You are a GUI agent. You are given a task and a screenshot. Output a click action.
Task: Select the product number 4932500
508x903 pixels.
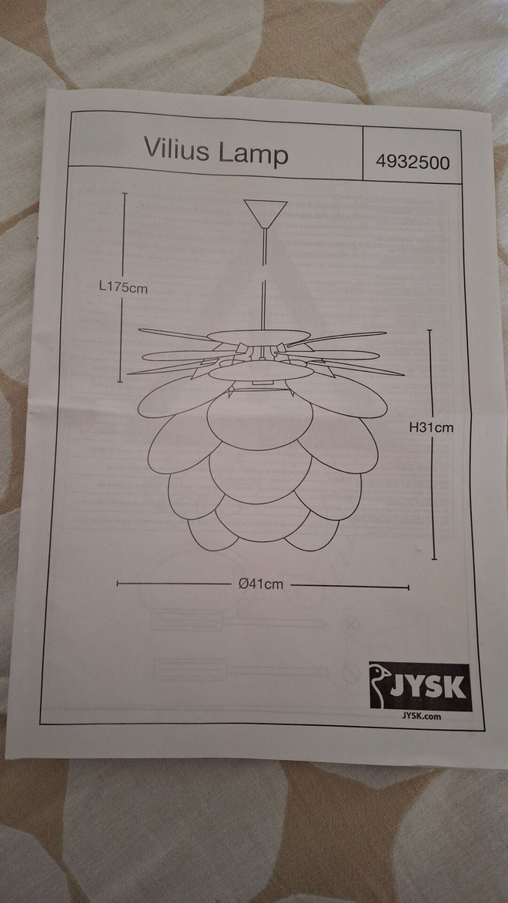coord(413,162)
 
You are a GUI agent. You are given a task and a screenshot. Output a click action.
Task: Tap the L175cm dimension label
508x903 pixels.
coord(123,287)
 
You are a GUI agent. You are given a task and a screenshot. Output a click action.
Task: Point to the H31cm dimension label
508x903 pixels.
coord(431,427)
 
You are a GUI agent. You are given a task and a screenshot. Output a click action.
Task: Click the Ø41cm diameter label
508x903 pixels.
coord(261,584)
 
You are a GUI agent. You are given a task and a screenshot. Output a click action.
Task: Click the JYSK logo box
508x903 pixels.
coord(420,687)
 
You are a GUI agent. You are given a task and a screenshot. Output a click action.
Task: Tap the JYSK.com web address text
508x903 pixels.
coord(422,717)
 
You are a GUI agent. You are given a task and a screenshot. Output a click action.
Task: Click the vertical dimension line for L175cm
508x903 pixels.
coord(122,287)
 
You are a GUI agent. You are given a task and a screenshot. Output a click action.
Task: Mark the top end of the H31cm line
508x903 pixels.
coord(429,330)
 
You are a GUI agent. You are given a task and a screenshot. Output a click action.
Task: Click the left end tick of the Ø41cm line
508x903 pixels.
coord(117,584)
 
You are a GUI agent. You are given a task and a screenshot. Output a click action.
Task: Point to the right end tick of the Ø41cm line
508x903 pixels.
coord(409,588)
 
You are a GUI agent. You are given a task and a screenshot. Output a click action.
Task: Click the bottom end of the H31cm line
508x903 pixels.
coord(433,559)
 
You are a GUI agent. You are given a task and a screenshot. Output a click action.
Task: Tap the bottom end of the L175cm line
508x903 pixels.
coord(120,382)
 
